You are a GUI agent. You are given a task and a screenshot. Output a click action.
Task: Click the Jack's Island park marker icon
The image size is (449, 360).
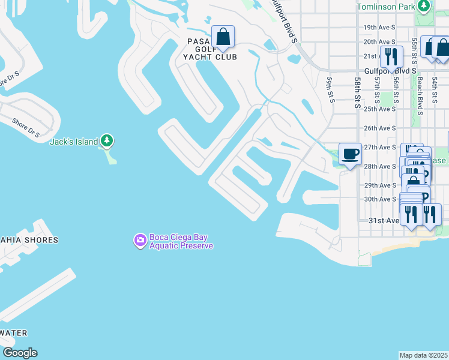(107, 141)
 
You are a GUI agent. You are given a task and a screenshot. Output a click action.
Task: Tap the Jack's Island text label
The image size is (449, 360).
(73, 142)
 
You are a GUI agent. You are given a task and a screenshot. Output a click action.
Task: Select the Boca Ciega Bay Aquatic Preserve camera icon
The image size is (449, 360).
(140, 241)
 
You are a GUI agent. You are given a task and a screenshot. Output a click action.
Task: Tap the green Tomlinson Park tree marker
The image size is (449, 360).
(424, 6)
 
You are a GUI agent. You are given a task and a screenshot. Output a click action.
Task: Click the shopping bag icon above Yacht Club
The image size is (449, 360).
(223, 37)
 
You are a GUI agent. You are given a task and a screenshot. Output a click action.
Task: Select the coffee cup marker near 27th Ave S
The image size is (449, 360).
(351, 154)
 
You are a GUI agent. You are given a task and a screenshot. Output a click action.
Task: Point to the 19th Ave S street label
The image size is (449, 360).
(379, 28)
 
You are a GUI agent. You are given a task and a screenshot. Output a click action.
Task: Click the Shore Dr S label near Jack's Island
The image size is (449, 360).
(26, 127)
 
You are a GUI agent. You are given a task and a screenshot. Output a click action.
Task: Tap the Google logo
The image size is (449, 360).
(20, 353)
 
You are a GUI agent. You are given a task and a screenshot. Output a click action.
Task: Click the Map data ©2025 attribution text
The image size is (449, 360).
(424, 355)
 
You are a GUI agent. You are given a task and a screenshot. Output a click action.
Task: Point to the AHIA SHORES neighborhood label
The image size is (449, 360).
(29, 240)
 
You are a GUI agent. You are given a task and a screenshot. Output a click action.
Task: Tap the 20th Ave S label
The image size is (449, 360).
(379, 41)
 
